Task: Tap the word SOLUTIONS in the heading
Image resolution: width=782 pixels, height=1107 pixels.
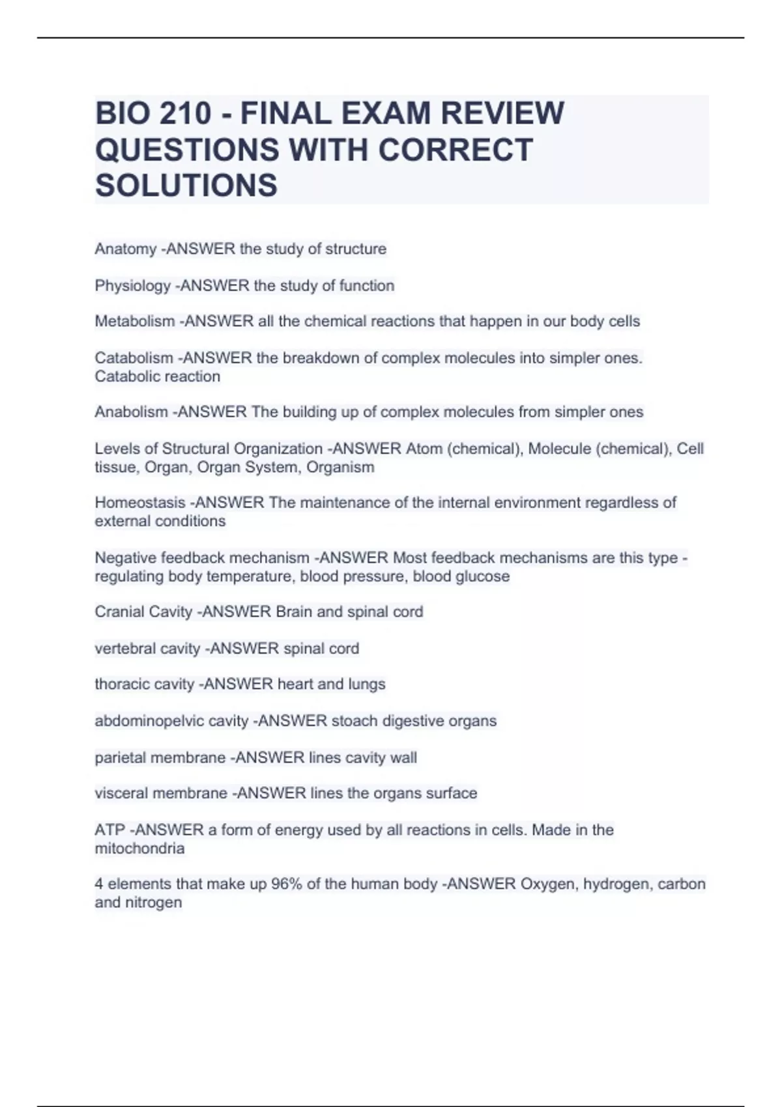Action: pos(186,186)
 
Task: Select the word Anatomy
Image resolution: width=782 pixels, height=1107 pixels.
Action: pos(125,249)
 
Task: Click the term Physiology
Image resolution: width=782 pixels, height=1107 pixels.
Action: pos(132,285)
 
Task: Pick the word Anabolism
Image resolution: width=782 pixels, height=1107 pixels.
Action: pos(131,412)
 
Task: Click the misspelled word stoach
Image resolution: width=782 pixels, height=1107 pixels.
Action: pos(355,721)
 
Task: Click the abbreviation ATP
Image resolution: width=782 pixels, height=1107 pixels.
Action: pos(109,830)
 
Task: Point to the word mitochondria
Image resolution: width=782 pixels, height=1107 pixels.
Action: pos(139,848)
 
